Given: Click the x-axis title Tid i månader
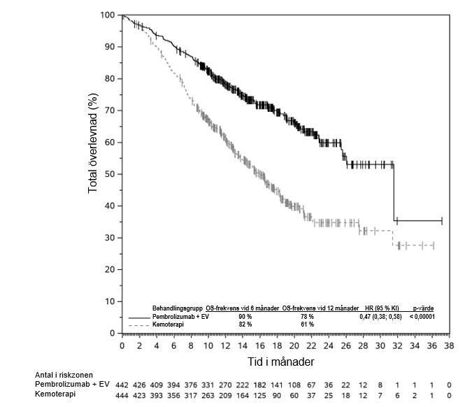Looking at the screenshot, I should click(287, 362).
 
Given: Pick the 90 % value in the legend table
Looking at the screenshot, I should click(245, 317).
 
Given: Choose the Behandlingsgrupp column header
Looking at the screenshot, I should click(178, 308).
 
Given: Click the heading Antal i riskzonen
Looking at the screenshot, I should click(64, 374).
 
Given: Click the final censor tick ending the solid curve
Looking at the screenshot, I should click(442, 221).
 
